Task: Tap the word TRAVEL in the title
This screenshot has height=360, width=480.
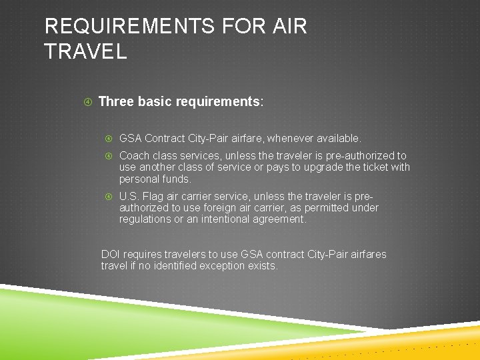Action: coord(85,51)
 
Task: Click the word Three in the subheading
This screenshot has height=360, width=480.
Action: coord(116,102)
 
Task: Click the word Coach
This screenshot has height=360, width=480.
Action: coord(134,155)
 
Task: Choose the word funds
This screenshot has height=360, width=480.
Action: coord(177,179)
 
